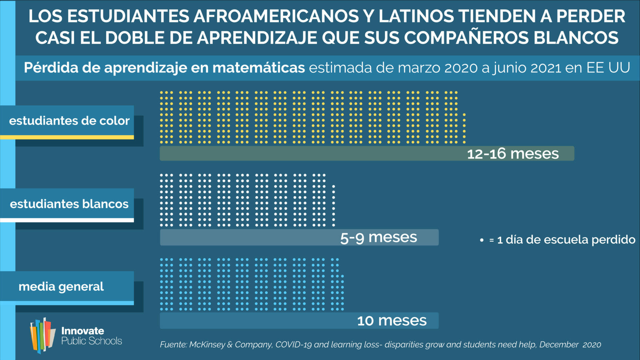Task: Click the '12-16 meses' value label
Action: point(513,154)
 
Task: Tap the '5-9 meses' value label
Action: point(378,238)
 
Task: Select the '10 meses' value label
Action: point(392,321)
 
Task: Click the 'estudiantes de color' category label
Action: point(69,121)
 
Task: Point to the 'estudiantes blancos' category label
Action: point(69,204)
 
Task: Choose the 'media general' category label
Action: point(61,287)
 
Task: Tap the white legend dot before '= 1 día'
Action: point(482,240)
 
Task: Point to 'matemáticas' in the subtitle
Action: point(259,68)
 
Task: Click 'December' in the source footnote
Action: point(559,345)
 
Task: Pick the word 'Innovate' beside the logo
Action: point(83,331)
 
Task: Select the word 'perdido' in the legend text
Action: point(613,240)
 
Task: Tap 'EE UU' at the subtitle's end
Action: point(608,68)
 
